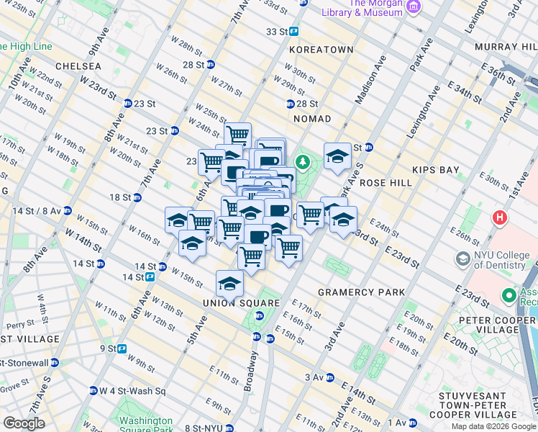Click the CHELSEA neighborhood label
[77, 66]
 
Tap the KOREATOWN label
[322, 50]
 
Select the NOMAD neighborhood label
[312, 118]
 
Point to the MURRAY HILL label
[506, 47]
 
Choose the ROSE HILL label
[386, 183]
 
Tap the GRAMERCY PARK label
[362, 292]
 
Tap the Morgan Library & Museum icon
[414, 6]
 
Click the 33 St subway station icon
[294, 32]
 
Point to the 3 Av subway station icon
[329, 377]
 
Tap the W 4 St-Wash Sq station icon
[94, 391]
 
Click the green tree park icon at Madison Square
[302, 162]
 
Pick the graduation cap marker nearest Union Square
[229, 283]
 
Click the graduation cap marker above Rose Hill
[337, 156]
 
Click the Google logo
[24, 423]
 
